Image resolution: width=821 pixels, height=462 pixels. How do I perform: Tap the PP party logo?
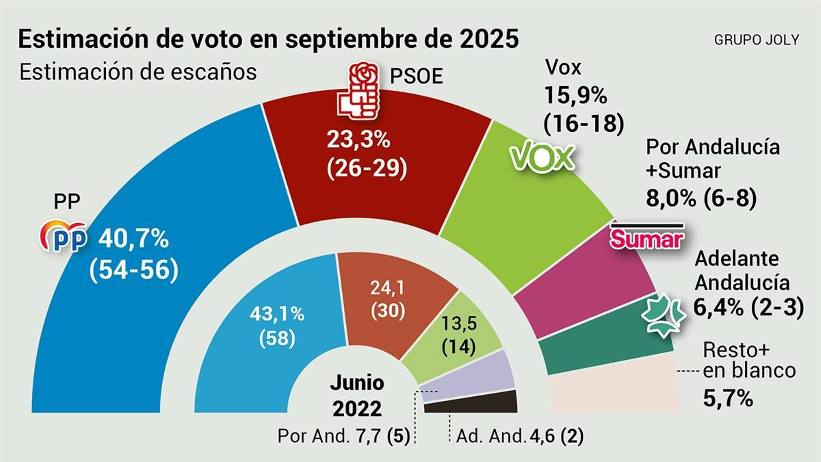[x=64, y=237]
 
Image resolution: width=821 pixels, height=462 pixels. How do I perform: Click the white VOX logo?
[x=542, y=157]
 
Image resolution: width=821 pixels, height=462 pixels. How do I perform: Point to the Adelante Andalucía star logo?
[x=662, y=315]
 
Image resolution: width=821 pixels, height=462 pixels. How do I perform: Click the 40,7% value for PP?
[x=133, y=239]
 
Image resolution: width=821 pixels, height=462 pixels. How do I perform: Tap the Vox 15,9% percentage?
[x=575, y=95]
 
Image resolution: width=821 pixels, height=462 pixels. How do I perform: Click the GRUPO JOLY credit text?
[x=756, y=40]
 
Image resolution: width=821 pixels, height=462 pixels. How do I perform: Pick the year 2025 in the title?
[x=489, y=39]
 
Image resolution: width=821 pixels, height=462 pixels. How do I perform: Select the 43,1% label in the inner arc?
[x=277, y=313]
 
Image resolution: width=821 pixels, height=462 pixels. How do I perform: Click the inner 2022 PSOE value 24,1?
[x=387, y=287]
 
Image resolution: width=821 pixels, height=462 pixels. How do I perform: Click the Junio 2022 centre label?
[x=357, y=395]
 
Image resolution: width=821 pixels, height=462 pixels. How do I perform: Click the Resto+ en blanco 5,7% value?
[x=728, y=398]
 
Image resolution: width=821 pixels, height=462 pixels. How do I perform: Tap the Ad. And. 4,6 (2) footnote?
[x=519, y=436]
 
